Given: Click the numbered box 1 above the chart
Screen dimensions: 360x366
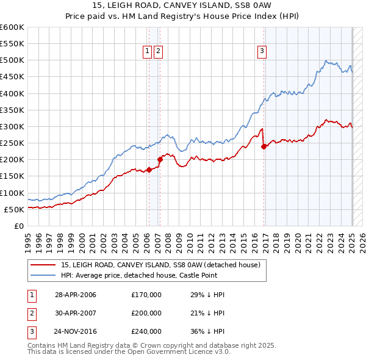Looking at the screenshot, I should coord(148,52).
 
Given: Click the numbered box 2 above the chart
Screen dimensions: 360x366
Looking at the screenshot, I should coord(158,52).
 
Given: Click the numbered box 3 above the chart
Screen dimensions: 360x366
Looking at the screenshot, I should coord(262,52).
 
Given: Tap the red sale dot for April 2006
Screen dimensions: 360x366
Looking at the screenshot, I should coord(149,170).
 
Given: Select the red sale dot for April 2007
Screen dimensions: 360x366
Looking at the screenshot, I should coord(160,159).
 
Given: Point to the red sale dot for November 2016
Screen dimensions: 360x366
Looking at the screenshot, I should coord(264,146).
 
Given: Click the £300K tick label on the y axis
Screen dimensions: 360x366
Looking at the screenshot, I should coord(12,126).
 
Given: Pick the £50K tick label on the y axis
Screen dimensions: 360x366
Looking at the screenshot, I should coord(14,209).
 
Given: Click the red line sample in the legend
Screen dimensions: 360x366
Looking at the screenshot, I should coord(44,265).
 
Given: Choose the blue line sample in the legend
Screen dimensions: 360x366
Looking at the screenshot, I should coord(44,275).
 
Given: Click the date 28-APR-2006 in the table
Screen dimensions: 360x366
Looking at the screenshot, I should coord(76,295).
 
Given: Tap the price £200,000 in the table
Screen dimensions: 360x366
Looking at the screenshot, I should coord(146,313).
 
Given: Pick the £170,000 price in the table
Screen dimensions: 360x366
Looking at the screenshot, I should coord(146,295).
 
